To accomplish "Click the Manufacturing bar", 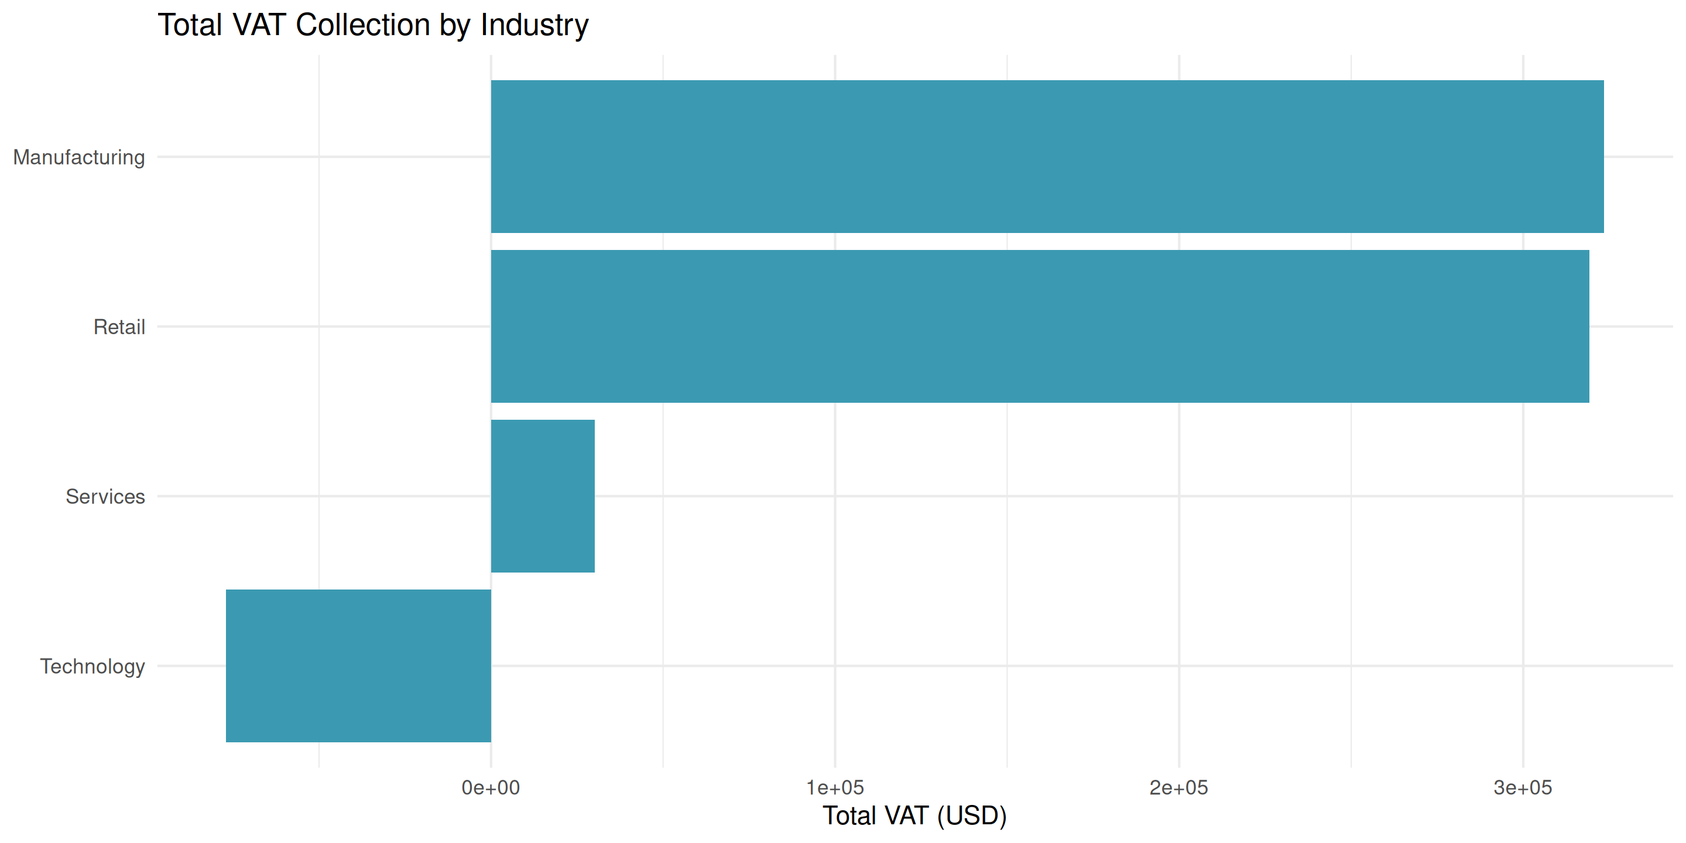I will coord(1047,156).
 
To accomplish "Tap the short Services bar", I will coord(543,496).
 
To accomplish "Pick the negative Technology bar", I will coord(358,666).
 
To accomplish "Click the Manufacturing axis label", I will coord(79,157).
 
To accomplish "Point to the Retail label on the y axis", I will coord(119,327).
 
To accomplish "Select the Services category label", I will coord(105,497).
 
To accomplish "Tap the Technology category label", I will coord(92,666).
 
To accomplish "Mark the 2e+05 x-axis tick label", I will coord(1179,787).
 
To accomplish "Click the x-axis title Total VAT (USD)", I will coord(914,815).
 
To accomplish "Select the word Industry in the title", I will coord(534,26).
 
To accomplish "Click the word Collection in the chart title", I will coord(363,26).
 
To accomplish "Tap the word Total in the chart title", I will coord(190,26).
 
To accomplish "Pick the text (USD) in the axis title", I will coord(971,815).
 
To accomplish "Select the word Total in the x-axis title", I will coord(849,815).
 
